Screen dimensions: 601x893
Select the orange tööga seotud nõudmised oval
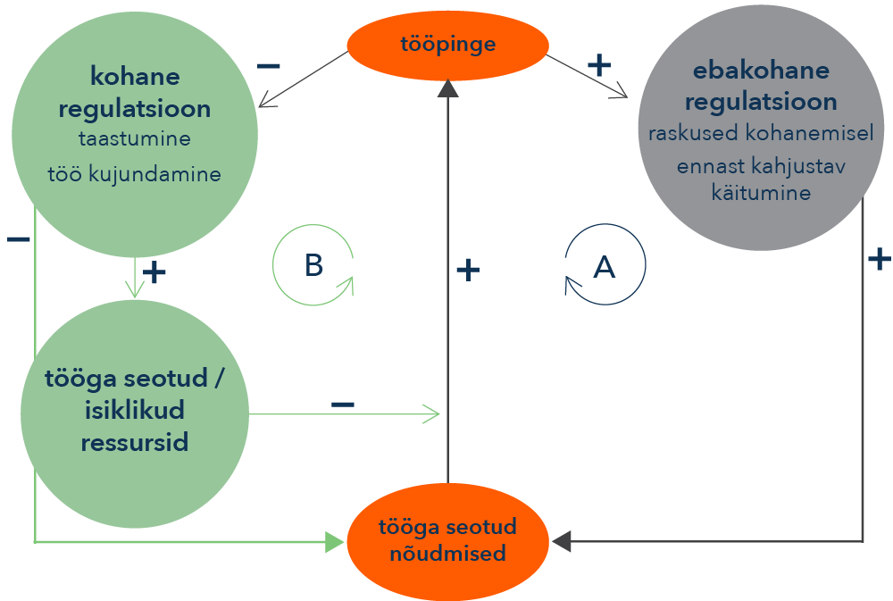[x=447, y=539]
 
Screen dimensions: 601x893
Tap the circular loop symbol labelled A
[x=605, y=266]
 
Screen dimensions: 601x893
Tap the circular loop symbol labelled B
[x=313, y=265]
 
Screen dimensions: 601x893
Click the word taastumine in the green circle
[x=135, y=140]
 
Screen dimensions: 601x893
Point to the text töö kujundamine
[x=135, y=173]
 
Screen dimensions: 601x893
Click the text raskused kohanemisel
[x=761, y=134]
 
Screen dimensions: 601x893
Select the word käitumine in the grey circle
[x=761, y=193]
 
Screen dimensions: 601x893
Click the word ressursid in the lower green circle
[x=135, y=442]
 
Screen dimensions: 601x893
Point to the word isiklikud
[x=135, y=410]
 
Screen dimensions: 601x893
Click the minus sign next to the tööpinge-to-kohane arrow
[x=269, y=66]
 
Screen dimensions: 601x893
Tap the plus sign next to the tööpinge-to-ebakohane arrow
[x=599, y=64]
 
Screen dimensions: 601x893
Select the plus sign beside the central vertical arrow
[x=468, y=270]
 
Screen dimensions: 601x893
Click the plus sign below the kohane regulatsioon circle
[x=155, y=272]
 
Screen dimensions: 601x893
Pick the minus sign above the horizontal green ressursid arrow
[x=343, y=405]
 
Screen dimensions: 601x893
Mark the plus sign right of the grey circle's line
[x=880, y=259]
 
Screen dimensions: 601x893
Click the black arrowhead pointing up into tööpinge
[x=447, y=88]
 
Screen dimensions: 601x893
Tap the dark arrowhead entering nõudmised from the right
[x=562, y=540]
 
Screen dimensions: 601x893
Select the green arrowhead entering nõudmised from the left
[x=335, y=541]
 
